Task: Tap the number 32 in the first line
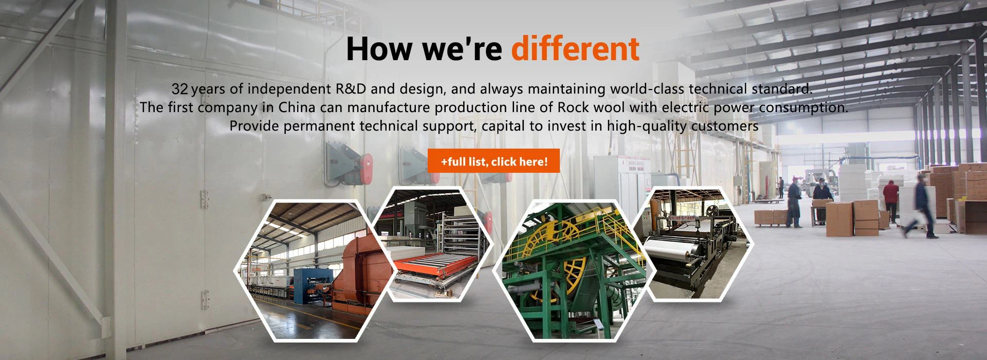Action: click(180, 89)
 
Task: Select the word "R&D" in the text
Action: click(351, 89)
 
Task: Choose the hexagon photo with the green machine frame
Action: click(573, 270)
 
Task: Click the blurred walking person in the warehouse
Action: click(922, 206)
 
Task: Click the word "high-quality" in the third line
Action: click(647, 126)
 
